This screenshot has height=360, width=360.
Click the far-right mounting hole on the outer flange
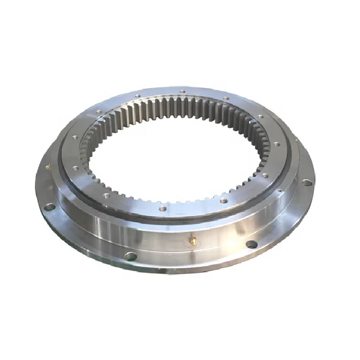coord(307,182)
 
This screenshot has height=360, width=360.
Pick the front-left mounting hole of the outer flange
coord(130,256)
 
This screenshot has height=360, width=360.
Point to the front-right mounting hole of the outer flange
coord(251,244)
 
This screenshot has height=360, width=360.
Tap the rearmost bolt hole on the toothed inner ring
coord(182,91)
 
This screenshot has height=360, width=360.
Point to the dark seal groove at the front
coord(169,220)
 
